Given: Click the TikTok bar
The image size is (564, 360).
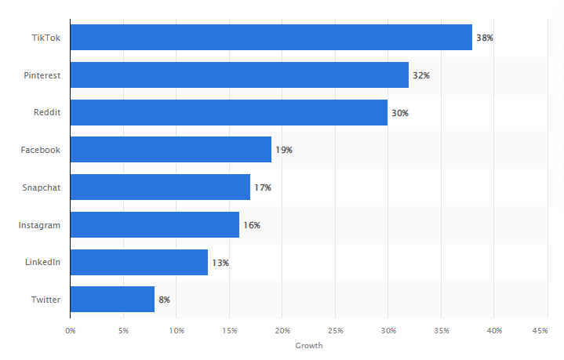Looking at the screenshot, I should coord(271,38).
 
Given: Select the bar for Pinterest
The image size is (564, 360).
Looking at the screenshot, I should coord(239,75).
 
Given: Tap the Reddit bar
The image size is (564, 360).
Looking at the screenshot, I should coord(228,112).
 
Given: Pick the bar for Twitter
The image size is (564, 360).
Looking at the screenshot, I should coord(112,299).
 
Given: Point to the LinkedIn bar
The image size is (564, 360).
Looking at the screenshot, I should coord(139,262).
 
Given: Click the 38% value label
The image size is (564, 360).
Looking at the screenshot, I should coord(485,38).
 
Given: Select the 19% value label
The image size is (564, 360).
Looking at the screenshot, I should coord(283,150).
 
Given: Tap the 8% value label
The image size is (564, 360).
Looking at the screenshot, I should coord(164,300).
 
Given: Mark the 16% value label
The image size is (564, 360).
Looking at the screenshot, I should coord(251,225).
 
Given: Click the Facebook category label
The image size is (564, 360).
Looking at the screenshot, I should coord(41,150).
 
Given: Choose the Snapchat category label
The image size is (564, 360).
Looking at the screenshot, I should coord(41,187).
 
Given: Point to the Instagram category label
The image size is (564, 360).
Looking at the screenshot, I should coord(40,225).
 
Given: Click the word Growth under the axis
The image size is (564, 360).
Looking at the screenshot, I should coord(308,346).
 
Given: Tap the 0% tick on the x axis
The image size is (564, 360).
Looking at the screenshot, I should coord(71,331).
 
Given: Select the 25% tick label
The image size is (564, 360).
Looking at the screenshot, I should coord(336,331).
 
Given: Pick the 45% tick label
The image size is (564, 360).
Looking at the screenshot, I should coord(540,331).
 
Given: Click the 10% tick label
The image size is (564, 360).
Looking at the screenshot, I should coord(176,331).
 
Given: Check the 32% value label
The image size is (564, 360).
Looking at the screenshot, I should coord(421,75).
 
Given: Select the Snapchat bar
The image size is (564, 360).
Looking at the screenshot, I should coord(160,187).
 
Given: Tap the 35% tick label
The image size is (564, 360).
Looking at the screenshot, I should coord(442,331).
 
